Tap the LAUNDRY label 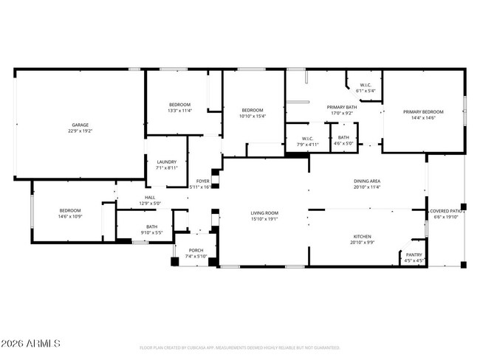point(166,162)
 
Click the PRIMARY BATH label point(341,107)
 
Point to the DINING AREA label point(366,181)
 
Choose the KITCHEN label point(362,237)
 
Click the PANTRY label point(414,255)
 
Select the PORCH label point(196,250)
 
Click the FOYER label point(202,181)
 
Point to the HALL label point(149,198)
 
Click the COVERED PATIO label point(447,211)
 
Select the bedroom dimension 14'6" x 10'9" point(70,216)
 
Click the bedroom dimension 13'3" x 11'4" point(179,111)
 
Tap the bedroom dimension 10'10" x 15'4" point(252,116)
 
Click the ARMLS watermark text point(31,344)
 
